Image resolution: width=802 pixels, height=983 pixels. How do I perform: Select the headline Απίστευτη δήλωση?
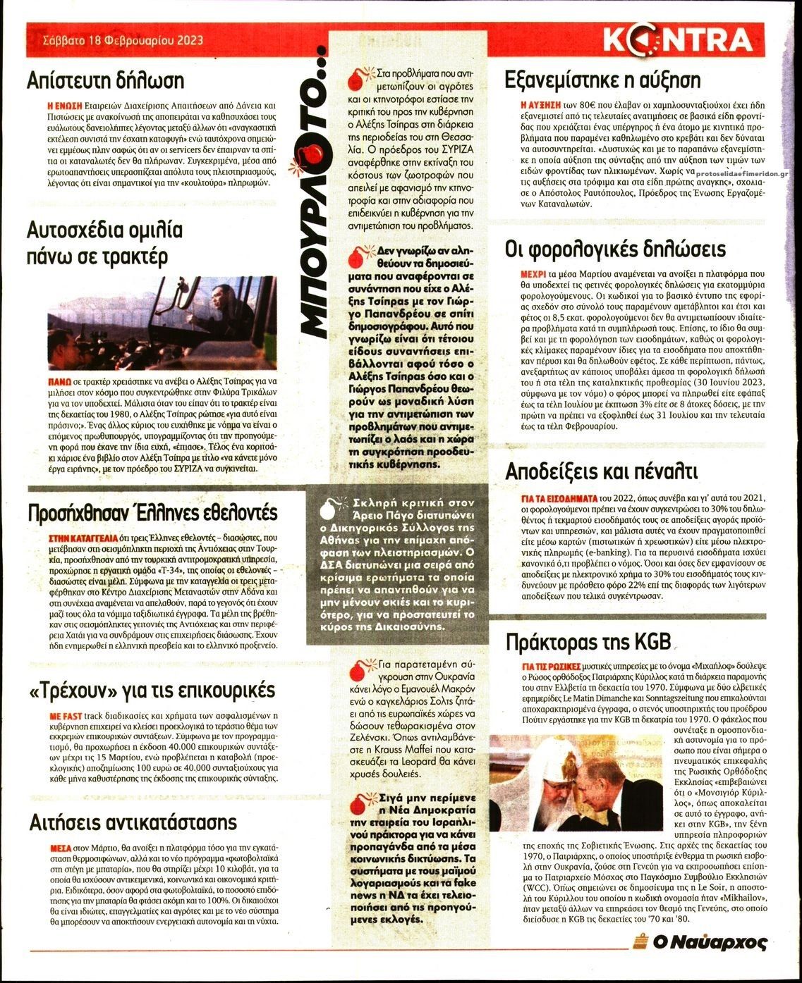105,80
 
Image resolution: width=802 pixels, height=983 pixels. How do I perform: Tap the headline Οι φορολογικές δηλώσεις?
615,249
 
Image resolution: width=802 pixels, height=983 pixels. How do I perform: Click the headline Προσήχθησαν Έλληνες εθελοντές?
152,512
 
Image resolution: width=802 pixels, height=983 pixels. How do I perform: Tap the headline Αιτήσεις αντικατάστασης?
133,822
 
